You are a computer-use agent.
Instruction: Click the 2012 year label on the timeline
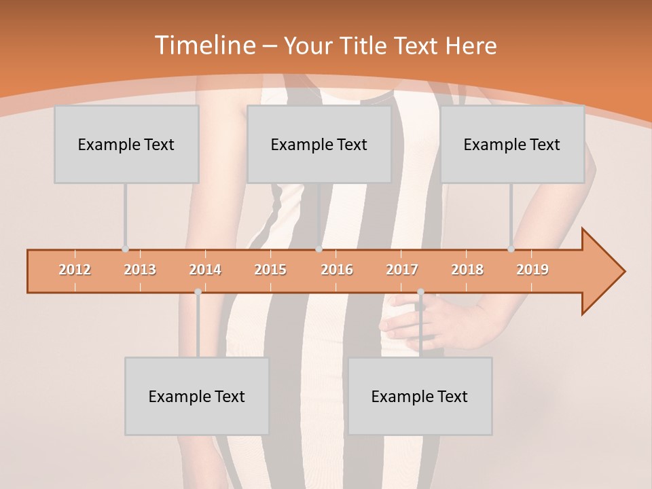click(x=75, y=270)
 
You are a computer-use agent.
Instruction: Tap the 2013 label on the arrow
click(x=140, y=270)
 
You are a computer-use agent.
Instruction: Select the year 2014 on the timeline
click(x=205, y=270)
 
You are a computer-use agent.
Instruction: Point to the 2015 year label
click(x=270, y=270)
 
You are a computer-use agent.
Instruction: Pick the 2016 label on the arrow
click(x=337, y=270)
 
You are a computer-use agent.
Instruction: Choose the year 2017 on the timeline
click(x=402, y=270)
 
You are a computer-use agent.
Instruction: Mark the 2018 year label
click(x=467, y=270)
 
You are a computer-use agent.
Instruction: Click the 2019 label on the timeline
click(x=532, y=270)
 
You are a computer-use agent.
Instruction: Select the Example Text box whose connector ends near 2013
click(x=126, y=144)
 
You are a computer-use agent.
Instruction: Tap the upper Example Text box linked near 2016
click(x=319, y=144)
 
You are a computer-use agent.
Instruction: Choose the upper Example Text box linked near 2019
click(x=512, y=144)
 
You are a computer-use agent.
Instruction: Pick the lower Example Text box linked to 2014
click(x=197, y=396)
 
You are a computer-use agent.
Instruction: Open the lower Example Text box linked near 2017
click(x=420, y=396)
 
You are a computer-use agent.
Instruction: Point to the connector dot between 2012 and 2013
click(x=125, y=249)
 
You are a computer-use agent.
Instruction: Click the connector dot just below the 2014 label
click(x=198, y=291)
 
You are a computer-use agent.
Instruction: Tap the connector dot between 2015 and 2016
click(x=319, y=249)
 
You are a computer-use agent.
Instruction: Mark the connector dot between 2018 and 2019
click(x=511, y=249)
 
